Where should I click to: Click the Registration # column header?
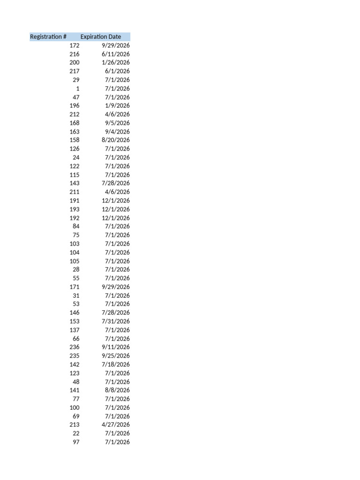click(48, 37)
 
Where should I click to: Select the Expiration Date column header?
click(100, 37)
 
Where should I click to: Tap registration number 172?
click(75, 45)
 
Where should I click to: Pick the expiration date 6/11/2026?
click(116, 54)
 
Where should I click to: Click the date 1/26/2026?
click(116, 62)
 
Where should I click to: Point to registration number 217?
click(75, 71)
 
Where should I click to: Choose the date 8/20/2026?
click(116, 140)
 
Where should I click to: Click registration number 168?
click(75, 123)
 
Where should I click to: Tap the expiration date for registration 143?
click(116, 183)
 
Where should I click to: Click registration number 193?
click(75, 209)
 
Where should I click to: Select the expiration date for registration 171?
click(116, 287)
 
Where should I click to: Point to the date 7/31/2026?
click(116, 321)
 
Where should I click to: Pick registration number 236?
click(75, 347)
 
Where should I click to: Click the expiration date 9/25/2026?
click(116, 356)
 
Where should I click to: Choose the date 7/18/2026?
click(116, 364)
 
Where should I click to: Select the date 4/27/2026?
click(116, 425)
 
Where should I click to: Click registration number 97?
click(76, 442)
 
